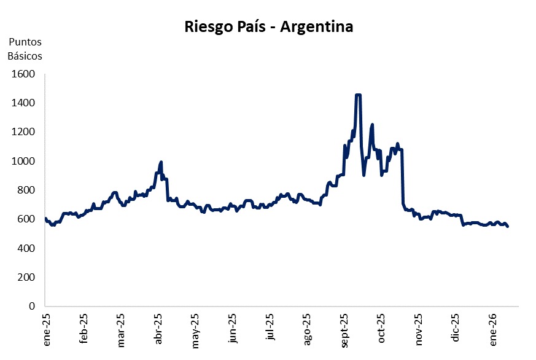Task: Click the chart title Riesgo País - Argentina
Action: coord(268,27)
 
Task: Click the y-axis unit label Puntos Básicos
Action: coord(25,49)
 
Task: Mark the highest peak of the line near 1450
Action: coord(359,95)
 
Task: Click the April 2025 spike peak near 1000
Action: coord(161,162)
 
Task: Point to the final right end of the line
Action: coord(507,226)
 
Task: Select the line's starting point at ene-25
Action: coord(45,218)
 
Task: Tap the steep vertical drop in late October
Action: coord(402,178)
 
